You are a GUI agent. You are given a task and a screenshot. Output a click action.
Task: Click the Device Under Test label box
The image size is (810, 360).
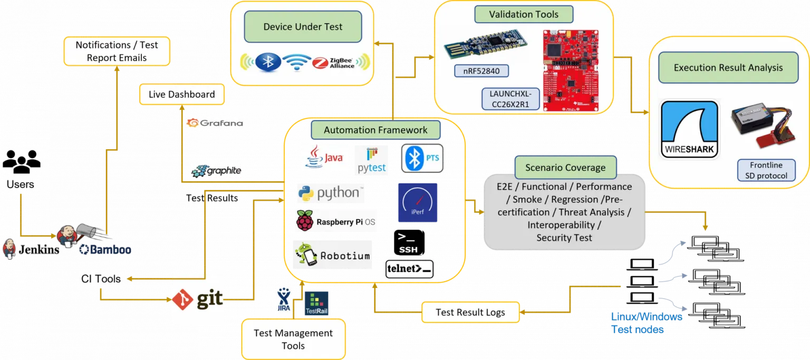point(303,27)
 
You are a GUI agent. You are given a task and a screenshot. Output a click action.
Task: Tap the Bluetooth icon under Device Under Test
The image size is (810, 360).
point(268,62)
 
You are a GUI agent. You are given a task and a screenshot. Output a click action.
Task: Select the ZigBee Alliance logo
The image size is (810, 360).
point(341,63)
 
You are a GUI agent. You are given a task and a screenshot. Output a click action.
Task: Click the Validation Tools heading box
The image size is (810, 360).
point(524,14)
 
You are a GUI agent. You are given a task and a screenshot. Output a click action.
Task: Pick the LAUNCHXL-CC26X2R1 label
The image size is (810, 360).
point(510,99)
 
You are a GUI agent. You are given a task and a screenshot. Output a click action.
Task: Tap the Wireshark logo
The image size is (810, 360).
point(690,129)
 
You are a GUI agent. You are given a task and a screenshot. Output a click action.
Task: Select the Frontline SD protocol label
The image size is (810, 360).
point(766,170)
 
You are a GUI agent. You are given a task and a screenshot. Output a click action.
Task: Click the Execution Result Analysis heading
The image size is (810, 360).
point(728,67)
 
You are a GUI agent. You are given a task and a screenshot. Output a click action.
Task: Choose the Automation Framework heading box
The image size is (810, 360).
point(375,130)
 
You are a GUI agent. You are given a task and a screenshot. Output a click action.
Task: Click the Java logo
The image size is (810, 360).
point(325,158)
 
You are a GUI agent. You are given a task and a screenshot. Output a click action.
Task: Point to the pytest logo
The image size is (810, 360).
point(371,161)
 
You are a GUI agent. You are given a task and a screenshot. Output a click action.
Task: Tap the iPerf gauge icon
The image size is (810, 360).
point(417,202)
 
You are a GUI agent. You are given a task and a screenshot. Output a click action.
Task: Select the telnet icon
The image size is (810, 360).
point(409,269)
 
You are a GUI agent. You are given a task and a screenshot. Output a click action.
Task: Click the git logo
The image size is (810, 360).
point(198,299)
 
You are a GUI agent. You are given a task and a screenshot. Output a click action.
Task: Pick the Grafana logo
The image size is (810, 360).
point(215,123)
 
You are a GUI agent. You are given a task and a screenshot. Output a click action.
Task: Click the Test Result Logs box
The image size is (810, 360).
point(470,312)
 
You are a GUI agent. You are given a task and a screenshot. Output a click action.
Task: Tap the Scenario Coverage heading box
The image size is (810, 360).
point(565,168)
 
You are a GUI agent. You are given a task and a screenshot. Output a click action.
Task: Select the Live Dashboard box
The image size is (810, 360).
point(181,95)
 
